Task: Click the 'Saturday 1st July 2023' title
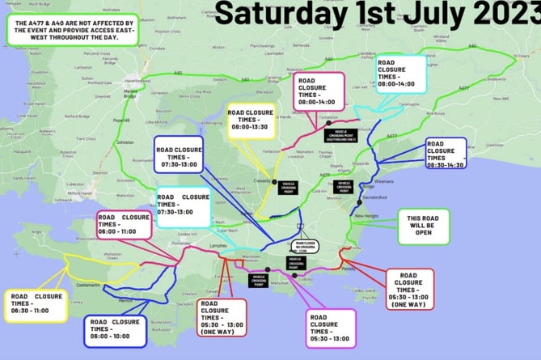tap(378, 14)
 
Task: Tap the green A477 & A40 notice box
tap(71, 32)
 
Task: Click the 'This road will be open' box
tap(423, 227)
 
